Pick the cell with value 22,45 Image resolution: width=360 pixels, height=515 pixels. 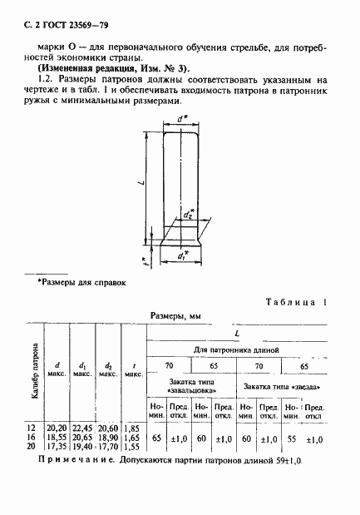[x=83, y=426]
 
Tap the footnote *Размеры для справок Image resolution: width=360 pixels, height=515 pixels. [x=81, y=284]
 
